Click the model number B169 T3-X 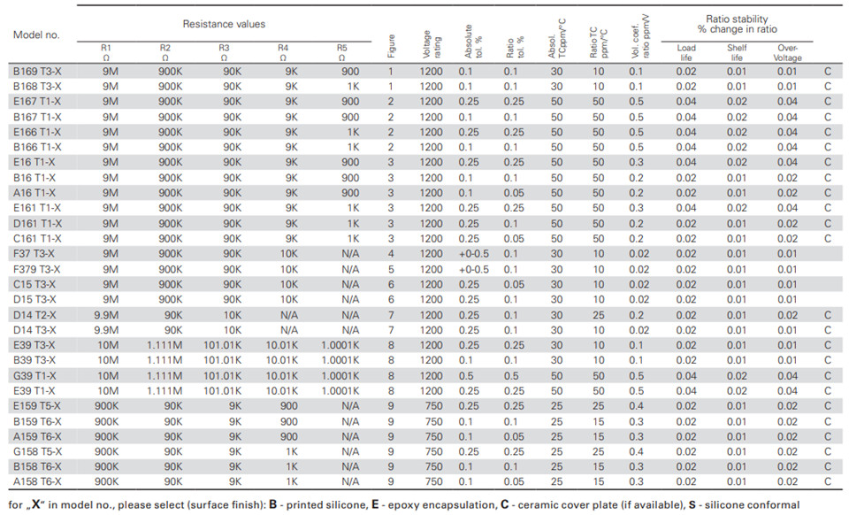coord(37,72)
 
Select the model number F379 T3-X coord(37,269)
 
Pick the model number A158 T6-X coord(37,481)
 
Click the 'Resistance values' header coord(224,24)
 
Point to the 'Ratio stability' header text coord(737,19)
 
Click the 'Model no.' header coord(36,35)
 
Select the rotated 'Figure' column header coord(391,46)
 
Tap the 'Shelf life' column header coord(737,52)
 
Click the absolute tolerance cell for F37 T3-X coord(473,254)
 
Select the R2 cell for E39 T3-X coord(164,345)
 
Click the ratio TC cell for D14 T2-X coord(598,315)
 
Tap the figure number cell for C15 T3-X coord(391,284)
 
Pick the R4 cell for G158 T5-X coord(291,451)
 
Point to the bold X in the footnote coord(36,504)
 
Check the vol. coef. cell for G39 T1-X coord(636,376)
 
